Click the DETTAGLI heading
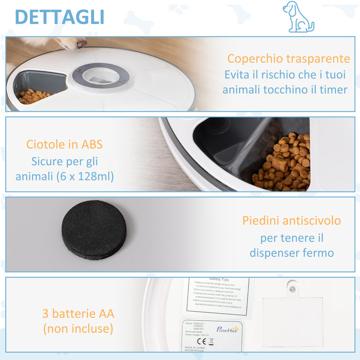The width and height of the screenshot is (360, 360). pos(60,16)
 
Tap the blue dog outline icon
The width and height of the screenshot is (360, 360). pos(298,17)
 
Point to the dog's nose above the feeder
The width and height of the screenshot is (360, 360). pos(80,44)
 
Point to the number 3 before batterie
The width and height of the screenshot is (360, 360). pos(46,313)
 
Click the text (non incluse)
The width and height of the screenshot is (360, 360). pos(78,329)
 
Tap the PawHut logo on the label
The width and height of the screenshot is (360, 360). pos(227,330)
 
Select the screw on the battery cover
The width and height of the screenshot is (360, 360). pos(292,290)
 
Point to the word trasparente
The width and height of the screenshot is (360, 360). pos(319,59)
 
